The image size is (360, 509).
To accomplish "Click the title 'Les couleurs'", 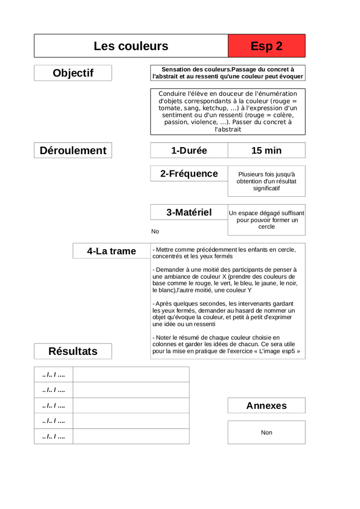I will (131, 46).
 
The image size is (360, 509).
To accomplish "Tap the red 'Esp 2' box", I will (267, 46).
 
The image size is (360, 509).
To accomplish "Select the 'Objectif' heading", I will (73, 73).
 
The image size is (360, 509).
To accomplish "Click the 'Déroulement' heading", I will (73, 151).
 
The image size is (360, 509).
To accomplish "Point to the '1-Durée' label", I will (189, 151).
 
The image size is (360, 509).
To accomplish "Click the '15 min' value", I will (267, 151).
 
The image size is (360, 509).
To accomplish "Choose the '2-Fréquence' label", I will (189, 173).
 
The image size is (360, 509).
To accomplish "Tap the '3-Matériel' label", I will (189, 212).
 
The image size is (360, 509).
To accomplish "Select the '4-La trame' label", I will (111, 251).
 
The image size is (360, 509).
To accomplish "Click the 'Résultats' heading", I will (73, 351).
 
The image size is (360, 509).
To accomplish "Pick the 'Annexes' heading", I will (267, 406).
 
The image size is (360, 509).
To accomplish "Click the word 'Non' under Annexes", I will (267, 432).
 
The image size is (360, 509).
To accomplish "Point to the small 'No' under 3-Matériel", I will (155, 232).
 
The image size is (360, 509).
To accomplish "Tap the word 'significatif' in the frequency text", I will (267, 188).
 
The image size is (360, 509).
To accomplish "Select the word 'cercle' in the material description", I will (267, 227).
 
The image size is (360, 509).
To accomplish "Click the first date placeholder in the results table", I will (54, 374).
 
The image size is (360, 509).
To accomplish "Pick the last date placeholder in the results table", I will (54, 436).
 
